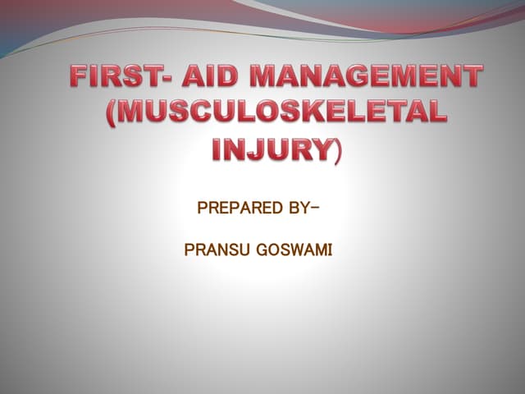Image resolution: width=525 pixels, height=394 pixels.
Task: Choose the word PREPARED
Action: [x=235, y=207]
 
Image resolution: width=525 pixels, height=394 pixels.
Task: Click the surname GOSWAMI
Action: [x=292, y=247]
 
